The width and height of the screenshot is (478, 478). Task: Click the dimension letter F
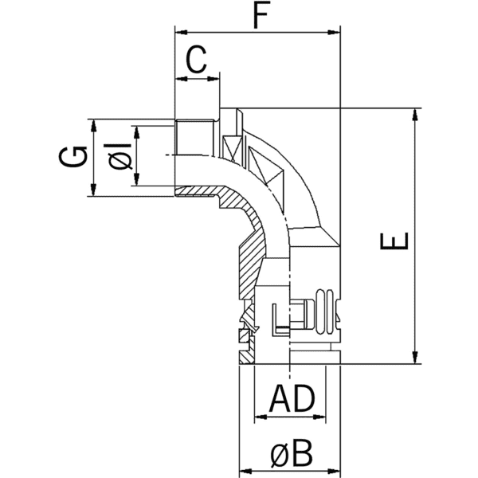tap(257, 16)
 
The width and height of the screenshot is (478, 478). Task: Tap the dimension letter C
tap(197, 59)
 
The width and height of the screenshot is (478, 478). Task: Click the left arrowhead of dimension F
tap(179, 33)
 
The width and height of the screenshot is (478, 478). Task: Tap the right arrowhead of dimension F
tap(335, 33)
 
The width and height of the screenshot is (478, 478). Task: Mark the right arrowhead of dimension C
tap(213, 78)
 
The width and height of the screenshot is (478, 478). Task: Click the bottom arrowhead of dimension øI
tap(137, 181)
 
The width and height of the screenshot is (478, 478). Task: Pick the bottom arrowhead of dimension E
tap(414, 359)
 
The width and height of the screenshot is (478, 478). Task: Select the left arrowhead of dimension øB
tap(244, 470)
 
